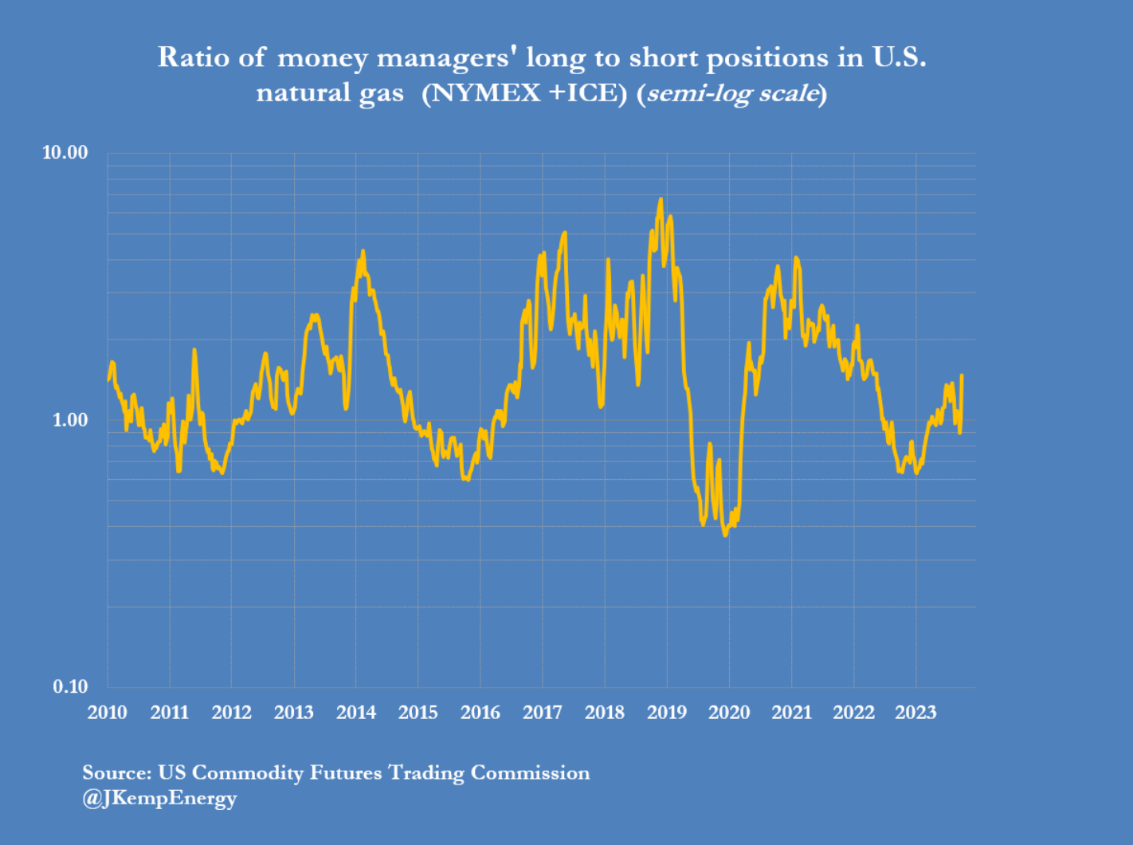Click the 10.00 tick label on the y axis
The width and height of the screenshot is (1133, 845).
click(x=65, y=152)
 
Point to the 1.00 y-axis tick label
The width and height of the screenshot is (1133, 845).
click(x=69, y=419)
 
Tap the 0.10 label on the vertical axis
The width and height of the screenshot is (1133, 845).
click(x=69, y=686)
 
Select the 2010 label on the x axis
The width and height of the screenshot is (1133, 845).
click(x=107, y=713)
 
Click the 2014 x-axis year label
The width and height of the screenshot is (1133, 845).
click(x=355, y=713)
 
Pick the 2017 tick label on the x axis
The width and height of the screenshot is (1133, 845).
click(x=542, y=713)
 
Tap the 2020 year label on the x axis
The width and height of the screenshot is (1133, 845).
click(x=729, y=713)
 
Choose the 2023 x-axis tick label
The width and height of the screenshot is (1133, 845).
click(x=915, y=713)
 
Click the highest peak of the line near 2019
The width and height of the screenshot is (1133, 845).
click(x=661, y=199)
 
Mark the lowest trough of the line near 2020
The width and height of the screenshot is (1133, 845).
click(x=725, y=535)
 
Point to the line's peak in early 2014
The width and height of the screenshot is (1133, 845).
click(x=363, y=251)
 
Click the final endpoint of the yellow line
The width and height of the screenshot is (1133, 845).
click(x=962, y=375)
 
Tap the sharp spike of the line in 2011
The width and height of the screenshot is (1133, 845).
click(x=194, y=349)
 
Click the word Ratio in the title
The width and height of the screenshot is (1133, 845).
click(x=185, y=57)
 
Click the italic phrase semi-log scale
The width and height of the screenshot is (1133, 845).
click(x=732, y=93)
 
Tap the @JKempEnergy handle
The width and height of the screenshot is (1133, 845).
click(x=159, y=798)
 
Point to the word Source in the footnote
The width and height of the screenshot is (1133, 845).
click(x=116, y=772)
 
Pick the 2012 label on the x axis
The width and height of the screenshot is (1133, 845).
click(x=231, y=713)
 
